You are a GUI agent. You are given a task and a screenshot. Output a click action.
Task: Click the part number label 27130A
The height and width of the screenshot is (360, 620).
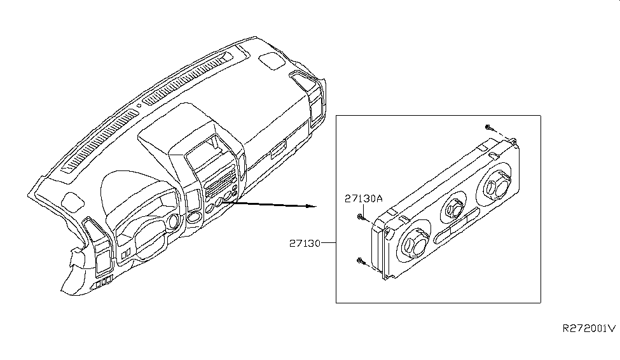tap(363, 198)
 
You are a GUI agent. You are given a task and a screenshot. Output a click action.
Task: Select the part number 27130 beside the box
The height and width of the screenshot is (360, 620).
tap(305, 243)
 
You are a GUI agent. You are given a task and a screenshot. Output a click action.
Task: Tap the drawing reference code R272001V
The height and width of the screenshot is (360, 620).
tap(588, 329)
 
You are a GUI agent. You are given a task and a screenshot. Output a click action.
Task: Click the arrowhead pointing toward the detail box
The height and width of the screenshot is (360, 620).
tap(310, 206)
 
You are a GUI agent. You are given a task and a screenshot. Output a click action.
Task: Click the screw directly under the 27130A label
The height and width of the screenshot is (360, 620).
tap(361, 218)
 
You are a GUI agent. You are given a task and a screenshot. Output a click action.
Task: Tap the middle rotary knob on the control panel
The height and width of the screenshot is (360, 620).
tap(454, 207)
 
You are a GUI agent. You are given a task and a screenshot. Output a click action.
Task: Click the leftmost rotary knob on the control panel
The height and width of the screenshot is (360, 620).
tap(413, 244)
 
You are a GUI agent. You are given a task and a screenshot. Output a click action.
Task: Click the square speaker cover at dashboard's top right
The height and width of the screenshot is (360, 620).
tap(274, 62)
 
